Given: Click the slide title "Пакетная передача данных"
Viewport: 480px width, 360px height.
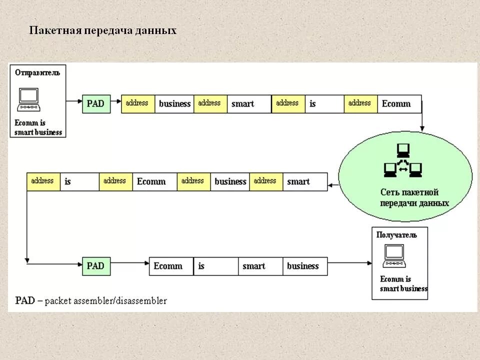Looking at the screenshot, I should pos(102,30).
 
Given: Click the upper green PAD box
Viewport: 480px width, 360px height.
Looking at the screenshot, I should pos(95,103).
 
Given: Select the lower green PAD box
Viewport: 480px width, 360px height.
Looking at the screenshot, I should pos(95,266).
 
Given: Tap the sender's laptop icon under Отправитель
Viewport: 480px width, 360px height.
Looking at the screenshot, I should pos(28,99).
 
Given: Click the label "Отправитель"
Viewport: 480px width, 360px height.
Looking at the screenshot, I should pos(37,73).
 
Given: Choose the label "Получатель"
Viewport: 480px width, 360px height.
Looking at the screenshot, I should pos(396,235).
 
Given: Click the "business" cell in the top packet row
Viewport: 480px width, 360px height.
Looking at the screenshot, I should pos(174,104).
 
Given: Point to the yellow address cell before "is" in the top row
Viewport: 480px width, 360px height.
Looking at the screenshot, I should pos(288,103).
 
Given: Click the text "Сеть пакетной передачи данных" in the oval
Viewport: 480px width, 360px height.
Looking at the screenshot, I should pos(414,198).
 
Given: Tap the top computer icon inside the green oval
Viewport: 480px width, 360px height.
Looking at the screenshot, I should pos(403,150).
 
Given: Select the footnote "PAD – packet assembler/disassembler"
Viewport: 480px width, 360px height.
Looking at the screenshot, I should pos(91,301).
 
